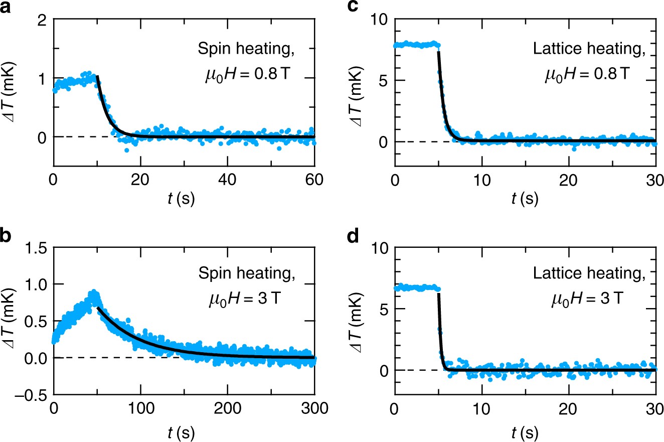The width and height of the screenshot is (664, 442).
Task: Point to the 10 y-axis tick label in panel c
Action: tap(380, 20)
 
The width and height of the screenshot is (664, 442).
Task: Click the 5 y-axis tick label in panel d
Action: tap(384, 309)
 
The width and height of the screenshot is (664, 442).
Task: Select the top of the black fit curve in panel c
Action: tap(438, 52)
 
